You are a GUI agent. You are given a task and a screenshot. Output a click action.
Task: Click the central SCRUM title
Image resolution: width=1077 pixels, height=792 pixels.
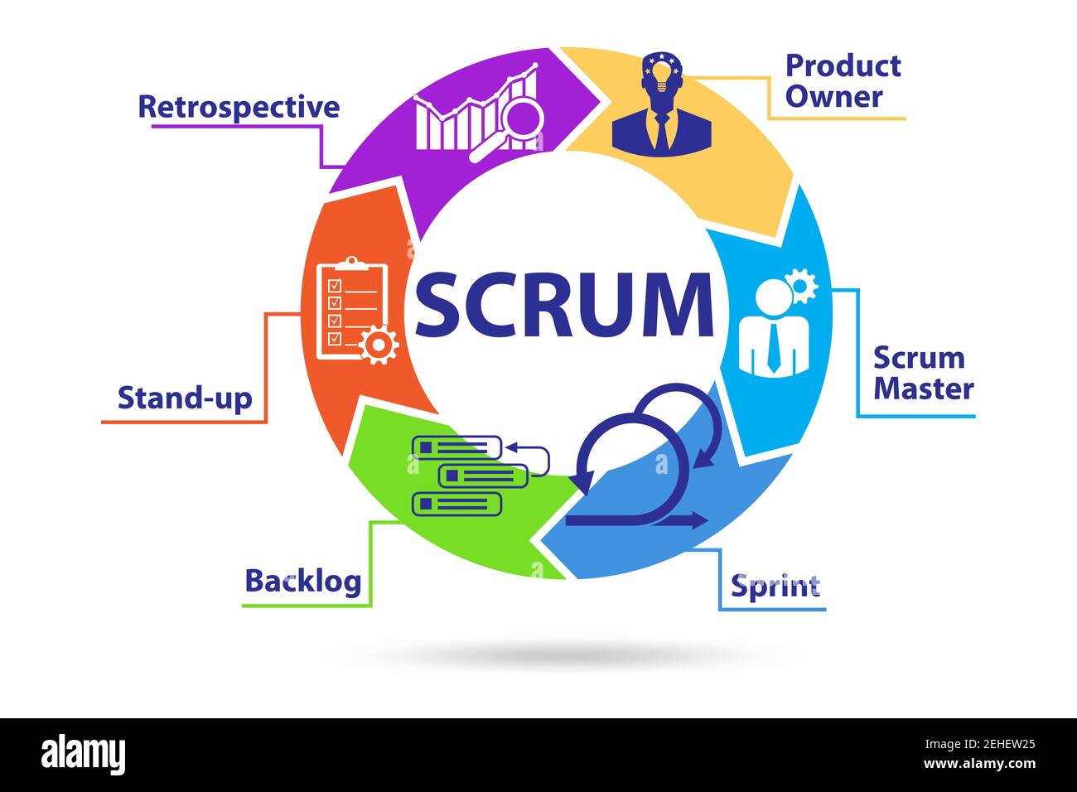(x=564, y=305)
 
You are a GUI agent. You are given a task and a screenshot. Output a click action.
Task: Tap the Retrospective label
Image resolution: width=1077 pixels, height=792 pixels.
(x=239, y=108)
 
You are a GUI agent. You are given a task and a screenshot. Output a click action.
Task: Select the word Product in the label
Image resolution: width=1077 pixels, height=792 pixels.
(x=843, y=66)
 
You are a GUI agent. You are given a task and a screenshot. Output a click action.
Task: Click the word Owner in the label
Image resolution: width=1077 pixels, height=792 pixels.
(x=834, y=96)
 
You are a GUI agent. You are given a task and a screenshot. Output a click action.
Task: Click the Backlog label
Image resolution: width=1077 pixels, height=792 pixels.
(x=303, y=582)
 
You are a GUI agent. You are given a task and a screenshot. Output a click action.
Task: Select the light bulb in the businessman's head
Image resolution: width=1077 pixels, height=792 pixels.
(x=663, y=77)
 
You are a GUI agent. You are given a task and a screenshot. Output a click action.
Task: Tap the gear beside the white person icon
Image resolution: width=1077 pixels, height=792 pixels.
(x=799, y=286)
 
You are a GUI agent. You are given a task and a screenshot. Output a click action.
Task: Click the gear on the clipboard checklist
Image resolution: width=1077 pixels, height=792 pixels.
(x=379, y=345)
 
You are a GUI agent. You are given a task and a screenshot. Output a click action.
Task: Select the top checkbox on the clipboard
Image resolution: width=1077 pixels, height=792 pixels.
(x=334, y=285)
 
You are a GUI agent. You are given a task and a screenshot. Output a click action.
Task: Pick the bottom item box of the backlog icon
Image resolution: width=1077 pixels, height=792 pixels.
(x=456, y=504)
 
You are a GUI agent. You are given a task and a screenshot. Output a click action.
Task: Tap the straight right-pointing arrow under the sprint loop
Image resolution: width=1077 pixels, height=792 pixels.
(x=679, y=520)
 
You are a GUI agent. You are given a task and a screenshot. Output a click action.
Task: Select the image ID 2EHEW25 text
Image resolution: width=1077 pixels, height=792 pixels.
(x=980, y=745)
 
